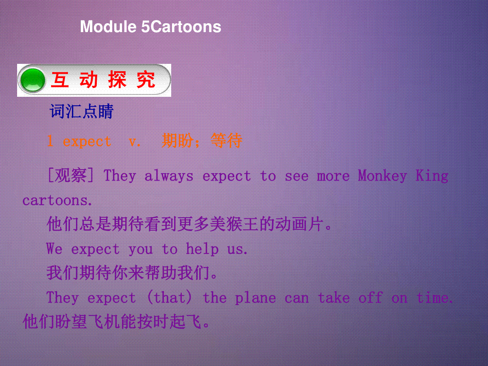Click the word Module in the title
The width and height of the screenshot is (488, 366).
coord(108,27)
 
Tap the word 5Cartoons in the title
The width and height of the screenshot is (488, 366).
coord(181,27)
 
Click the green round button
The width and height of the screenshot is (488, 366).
coord(33,80)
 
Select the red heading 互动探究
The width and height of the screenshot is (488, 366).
coord(103,80)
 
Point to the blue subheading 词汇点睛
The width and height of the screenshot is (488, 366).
coord(82,111)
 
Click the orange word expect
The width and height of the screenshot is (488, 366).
coord(87,142)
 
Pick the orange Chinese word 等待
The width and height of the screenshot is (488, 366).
coord(227,140)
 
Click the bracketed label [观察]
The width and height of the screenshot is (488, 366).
coord(71,175)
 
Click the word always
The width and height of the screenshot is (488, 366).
coord(169,176)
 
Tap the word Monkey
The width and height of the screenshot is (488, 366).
coord(382,176)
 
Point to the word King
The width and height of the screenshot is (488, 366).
coord(432,176)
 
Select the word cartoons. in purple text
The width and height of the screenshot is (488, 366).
coord(57,200)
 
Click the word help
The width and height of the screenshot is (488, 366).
coord(202,249)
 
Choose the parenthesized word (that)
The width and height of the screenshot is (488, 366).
coord(170,297)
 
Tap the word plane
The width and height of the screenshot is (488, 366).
coord(256,298)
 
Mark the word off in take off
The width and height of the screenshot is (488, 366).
coord(370,297)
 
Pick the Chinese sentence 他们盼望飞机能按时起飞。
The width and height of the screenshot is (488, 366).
coord(116,321)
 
